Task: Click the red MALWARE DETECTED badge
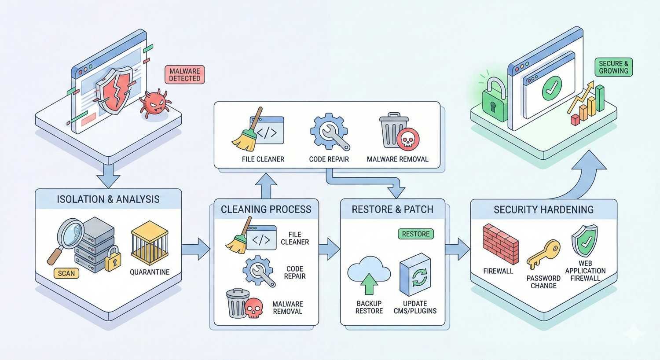coord(185,75)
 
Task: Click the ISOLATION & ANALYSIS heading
coord(108,199)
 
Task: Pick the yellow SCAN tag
coord(66,273)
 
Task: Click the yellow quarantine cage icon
coord(150,243)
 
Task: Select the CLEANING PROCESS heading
coord(266,209)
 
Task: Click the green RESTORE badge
coord(415,234)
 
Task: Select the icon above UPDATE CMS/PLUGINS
coord(415,275)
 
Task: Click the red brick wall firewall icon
coord(500,244)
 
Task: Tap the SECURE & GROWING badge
coord(613,67)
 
